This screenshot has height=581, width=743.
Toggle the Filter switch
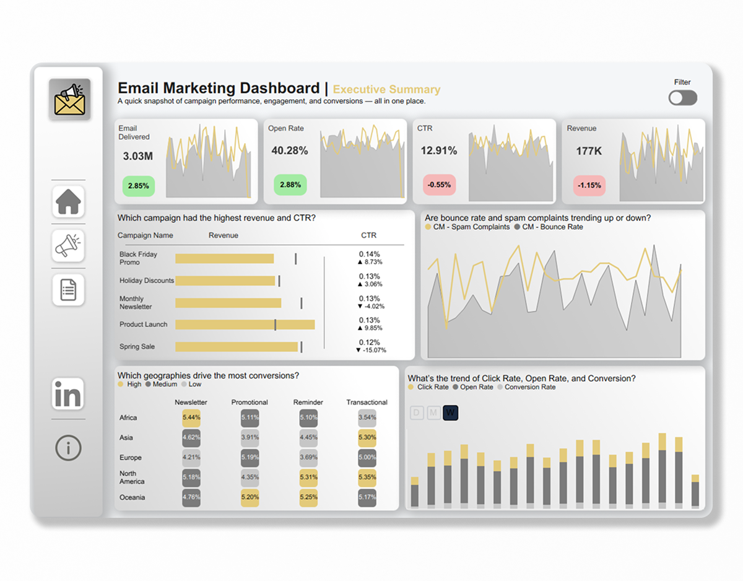click(x=682, y=98)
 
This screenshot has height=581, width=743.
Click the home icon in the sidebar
click(x=68, y=201)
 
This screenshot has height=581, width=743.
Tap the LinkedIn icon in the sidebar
click(x=68, y=395)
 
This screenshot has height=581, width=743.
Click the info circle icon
click(x=68, y=447)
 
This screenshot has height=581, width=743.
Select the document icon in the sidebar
click(x=68, y=290)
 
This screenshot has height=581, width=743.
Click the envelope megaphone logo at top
click(x=69, y=99)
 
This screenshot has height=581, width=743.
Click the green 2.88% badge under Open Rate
click(x=290, y=185)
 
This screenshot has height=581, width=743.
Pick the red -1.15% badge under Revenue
click(x=589, y=185)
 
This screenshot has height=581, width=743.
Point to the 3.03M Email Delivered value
click(x=137, y=156)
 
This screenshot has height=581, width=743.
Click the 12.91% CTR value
click(x=438, y=151)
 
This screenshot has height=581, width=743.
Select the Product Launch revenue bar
click(x=245, y=325)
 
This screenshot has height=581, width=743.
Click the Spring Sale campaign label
click(x=137, y=347)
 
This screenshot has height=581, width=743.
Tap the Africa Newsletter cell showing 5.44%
click(x=191, y=417)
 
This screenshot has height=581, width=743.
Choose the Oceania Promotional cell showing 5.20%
click(x=250, y=497)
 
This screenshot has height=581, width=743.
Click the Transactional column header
click(x=367, y=402)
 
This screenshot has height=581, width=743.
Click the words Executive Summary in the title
click(x=386, y=89)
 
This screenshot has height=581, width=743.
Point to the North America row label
click(x=132, y=477)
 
